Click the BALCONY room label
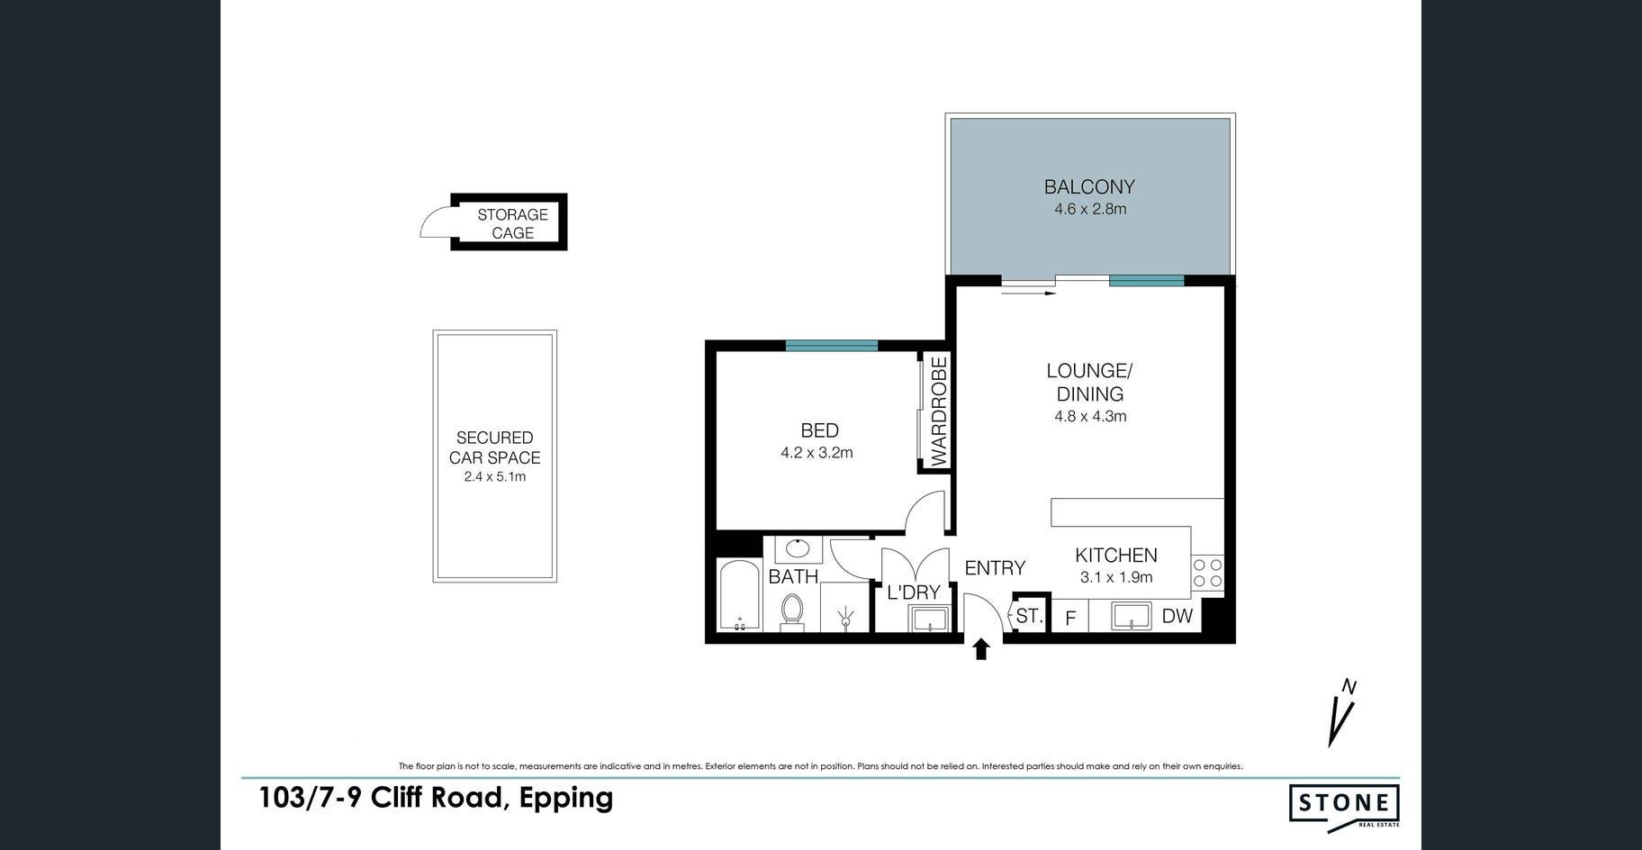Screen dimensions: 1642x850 (1089, 186)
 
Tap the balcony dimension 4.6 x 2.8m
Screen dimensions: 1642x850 (1090, 209)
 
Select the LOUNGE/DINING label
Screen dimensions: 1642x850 (1089, 382)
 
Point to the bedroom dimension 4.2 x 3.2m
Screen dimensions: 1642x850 (816, 453)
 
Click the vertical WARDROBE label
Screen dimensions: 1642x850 (939, 411)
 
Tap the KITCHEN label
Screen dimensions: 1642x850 (1116, 556)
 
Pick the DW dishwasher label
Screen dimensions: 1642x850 (1177, 616)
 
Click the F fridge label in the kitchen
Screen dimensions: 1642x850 (1071, 619)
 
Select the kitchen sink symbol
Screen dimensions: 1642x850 (1132, 617)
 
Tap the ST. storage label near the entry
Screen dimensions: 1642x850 (1029, 617)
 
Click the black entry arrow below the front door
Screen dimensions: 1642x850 (981, 648)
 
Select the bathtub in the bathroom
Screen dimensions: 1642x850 (740, 596)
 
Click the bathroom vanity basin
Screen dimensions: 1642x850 (797, 548)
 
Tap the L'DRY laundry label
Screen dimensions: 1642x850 (914, 592)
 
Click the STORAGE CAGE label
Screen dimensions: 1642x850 (512, 223)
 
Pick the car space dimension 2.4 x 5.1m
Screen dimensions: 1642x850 (495, 476)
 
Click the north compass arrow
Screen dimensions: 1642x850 (1341, 713)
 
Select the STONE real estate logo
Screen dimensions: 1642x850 (1344, 804)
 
